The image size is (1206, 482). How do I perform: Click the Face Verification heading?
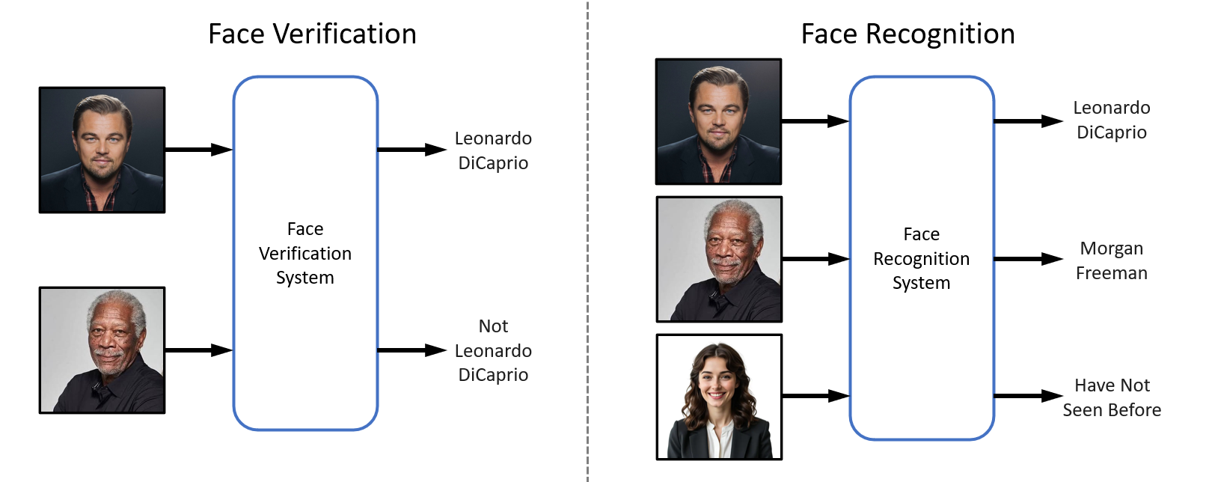coord(312,34)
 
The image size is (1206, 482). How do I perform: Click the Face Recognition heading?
coord(907,34)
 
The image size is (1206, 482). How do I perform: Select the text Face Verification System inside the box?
coord(305,253)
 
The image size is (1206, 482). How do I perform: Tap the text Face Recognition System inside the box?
coord(921,258)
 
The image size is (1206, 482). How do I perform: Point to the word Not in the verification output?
coord(493,326)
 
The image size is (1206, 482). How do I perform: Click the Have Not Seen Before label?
coord(1112,397)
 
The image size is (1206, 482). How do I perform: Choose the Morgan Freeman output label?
coord(1112,260)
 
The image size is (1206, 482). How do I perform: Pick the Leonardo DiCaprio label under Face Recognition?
coord(1112,120)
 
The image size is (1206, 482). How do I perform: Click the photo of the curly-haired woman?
coord(719,397)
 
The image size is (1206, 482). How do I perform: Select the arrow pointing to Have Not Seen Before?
coord(1028,396)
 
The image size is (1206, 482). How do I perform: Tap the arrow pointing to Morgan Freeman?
coord(1028,259)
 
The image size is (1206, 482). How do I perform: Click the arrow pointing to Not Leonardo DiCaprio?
coord(411,350)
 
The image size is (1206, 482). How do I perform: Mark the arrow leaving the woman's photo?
coord(815,396)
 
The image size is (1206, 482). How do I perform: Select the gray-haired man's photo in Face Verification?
coord(102,350)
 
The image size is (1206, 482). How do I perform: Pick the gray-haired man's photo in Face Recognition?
coord(719,259)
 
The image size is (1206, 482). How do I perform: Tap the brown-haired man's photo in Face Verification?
coord(102,150)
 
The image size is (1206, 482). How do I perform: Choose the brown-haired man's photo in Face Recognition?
coord(718,121)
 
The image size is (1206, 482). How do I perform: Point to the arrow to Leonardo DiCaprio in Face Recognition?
coord(1028,120)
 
